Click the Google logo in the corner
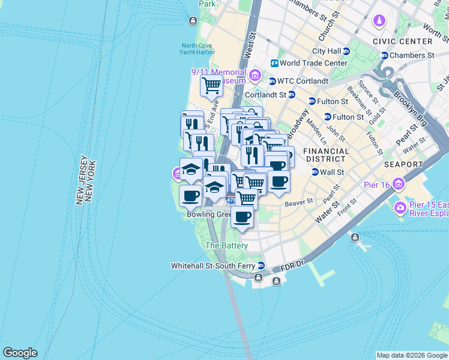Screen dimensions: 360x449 20,353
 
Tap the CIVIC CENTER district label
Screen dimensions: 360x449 402,41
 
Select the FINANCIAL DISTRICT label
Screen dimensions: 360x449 325,155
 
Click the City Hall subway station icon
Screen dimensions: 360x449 346,52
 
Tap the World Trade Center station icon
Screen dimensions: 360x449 274,63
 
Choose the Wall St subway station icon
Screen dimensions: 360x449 315,172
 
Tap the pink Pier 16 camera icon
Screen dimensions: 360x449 399,208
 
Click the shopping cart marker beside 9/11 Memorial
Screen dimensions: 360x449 211,85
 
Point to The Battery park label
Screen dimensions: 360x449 226,245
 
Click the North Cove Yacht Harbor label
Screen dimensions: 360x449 197,49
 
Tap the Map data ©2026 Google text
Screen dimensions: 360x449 411,355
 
